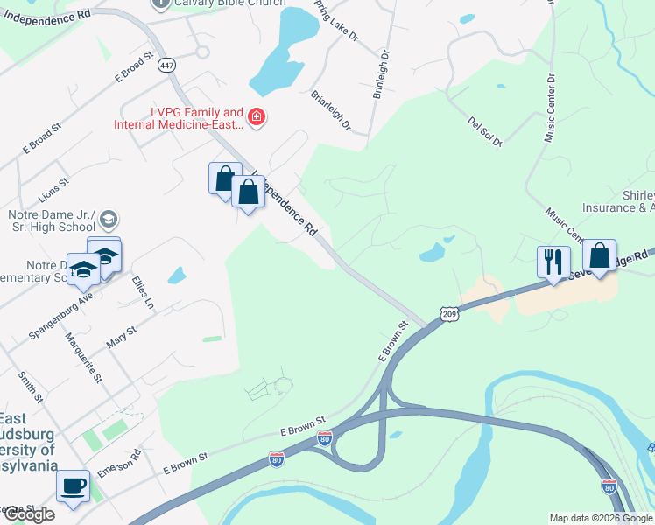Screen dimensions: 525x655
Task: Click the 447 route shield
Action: (x=166, y=65)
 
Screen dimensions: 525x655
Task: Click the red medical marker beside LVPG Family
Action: (x=257, y=117)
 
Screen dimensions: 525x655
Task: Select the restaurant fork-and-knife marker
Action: (x=553, y=261)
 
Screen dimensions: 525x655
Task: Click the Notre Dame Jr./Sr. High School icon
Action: (x=109, y=219)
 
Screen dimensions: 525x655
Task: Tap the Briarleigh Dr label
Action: (x=331, y=110)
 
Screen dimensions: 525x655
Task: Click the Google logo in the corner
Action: (x=28, y=514)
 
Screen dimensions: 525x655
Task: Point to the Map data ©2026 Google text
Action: (x=600, y=518)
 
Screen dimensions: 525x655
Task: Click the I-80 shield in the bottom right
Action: (x=609, y=486)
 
